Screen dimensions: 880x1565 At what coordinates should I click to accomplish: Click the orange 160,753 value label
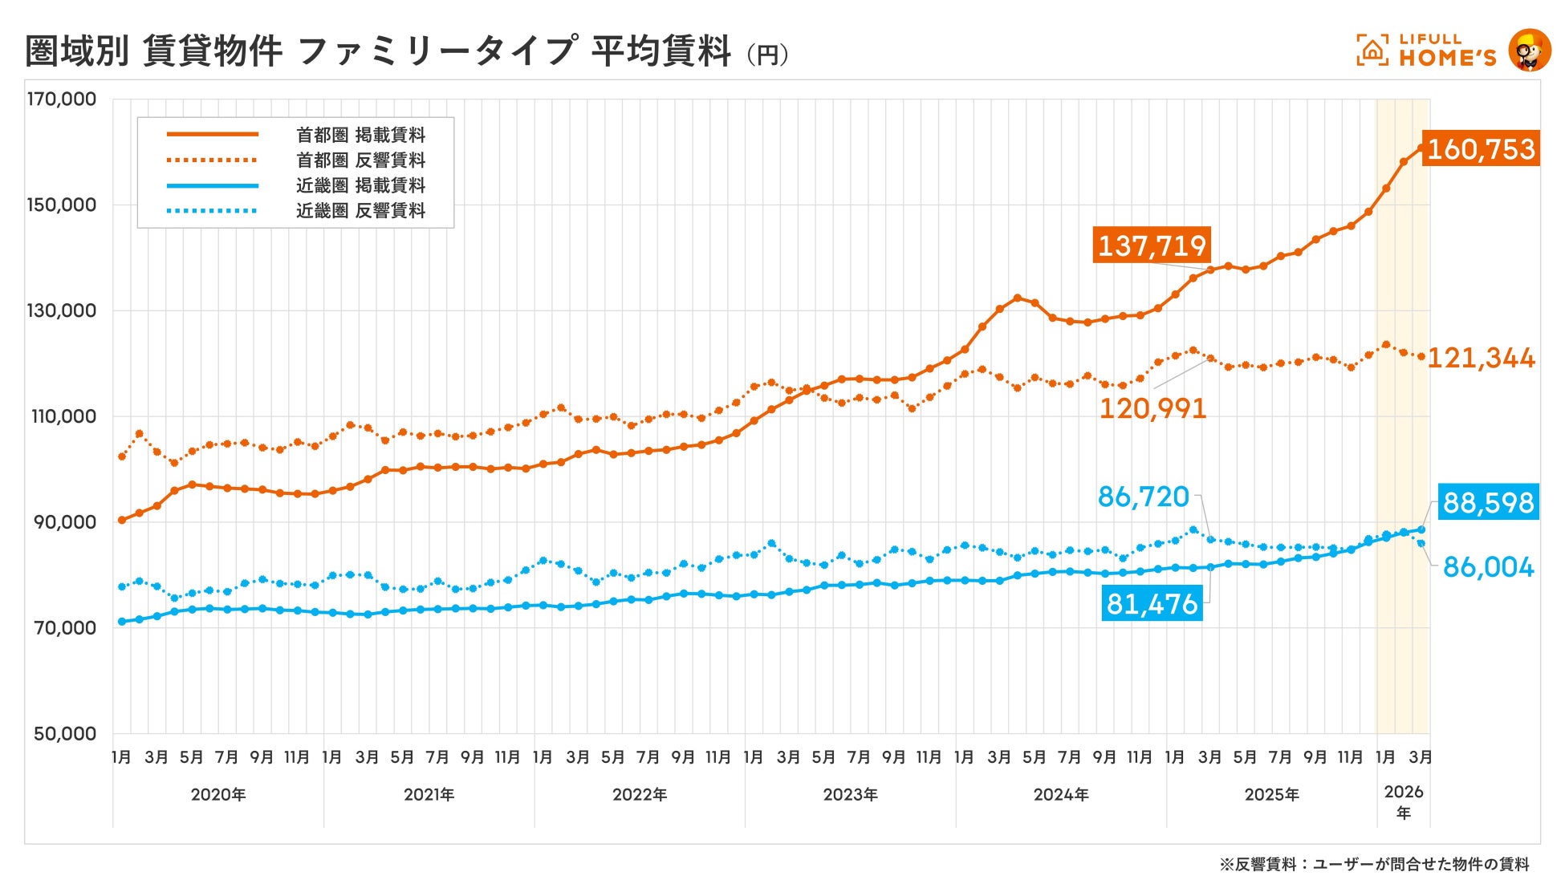tap(1481, 149)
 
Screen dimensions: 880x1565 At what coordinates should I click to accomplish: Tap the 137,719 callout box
tap(1152, 245)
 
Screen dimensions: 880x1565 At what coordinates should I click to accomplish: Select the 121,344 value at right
tap(1482, 358)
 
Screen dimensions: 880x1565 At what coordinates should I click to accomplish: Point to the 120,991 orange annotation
tap(1152, 408)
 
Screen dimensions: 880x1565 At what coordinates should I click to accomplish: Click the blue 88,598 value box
tap(1488, 503)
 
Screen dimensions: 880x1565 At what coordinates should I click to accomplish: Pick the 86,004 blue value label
tap(1488, 567)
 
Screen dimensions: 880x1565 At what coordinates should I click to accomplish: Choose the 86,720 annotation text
tap(1143, 497)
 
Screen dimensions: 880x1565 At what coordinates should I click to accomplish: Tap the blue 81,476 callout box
tap(1152, 603)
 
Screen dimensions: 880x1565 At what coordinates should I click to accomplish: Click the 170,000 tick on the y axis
tap(62, 99)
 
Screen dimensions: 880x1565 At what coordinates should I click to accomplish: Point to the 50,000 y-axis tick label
tap(65, 733)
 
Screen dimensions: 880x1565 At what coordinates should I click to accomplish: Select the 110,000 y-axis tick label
tap(62, 416)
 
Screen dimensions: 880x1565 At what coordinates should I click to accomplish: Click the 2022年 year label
tap(640, 795)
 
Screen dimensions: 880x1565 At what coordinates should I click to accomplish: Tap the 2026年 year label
tap(1404, 801)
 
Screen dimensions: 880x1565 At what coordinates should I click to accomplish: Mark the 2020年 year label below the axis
tap(218, 795)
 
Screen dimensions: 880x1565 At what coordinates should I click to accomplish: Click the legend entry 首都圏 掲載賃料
tap(360, 135)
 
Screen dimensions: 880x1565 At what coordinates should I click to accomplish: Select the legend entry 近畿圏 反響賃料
tap(360, 211)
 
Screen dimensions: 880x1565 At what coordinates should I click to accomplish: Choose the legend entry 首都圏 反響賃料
tap(360, 160)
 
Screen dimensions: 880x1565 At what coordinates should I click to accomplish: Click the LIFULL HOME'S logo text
tap(1447, 50)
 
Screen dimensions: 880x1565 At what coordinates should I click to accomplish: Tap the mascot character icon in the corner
tap(1529, 50)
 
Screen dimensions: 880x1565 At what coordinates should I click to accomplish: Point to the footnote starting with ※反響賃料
tap(1374, 864)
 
